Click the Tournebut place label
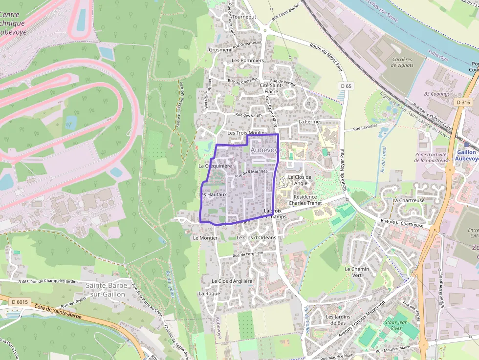point(244,17)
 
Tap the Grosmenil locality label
point(220,50)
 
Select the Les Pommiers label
point(248,61)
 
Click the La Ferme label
point(308,121)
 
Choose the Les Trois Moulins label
point(247,133)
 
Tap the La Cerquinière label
point(215,166)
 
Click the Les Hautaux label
point(213,194)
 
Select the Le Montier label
point(205,238)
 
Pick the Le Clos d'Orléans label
point(256,237)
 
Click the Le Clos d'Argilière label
point(232,281)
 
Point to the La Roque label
point(209,294)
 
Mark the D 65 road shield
point(346,86)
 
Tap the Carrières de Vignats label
point(402,63)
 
